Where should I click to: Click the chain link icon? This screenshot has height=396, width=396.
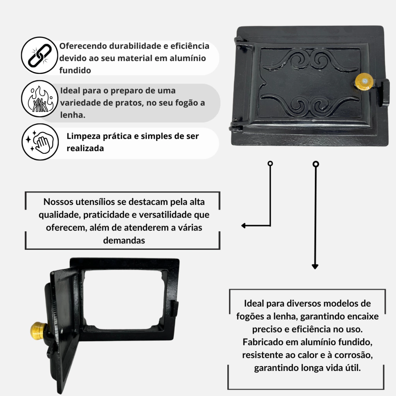[40, 55]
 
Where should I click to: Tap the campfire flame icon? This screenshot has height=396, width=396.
[40, 99]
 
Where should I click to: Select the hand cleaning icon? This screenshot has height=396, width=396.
[40, 142]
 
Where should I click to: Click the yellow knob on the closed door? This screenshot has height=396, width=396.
[364, 81]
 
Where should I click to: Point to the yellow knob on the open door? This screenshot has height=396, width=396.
[39, 331]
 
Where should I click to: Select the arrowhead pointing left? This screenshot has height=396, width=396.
[244, 225]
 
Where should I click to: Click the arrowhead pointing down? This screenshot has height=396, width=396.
[315, 267]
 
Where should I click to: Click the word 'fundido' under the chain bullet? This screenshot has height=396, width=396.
[75, 70]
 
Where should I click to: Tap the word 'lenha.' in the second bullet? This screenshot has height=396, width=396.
[73, 115]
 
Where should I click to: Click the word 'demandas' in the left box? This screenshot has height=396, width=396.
[124, 240]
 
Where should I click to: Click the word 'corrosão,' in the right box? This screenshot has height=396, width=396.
[353, 355]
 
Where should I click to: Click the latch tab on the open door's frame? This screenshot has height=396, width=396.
[175, 309]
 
